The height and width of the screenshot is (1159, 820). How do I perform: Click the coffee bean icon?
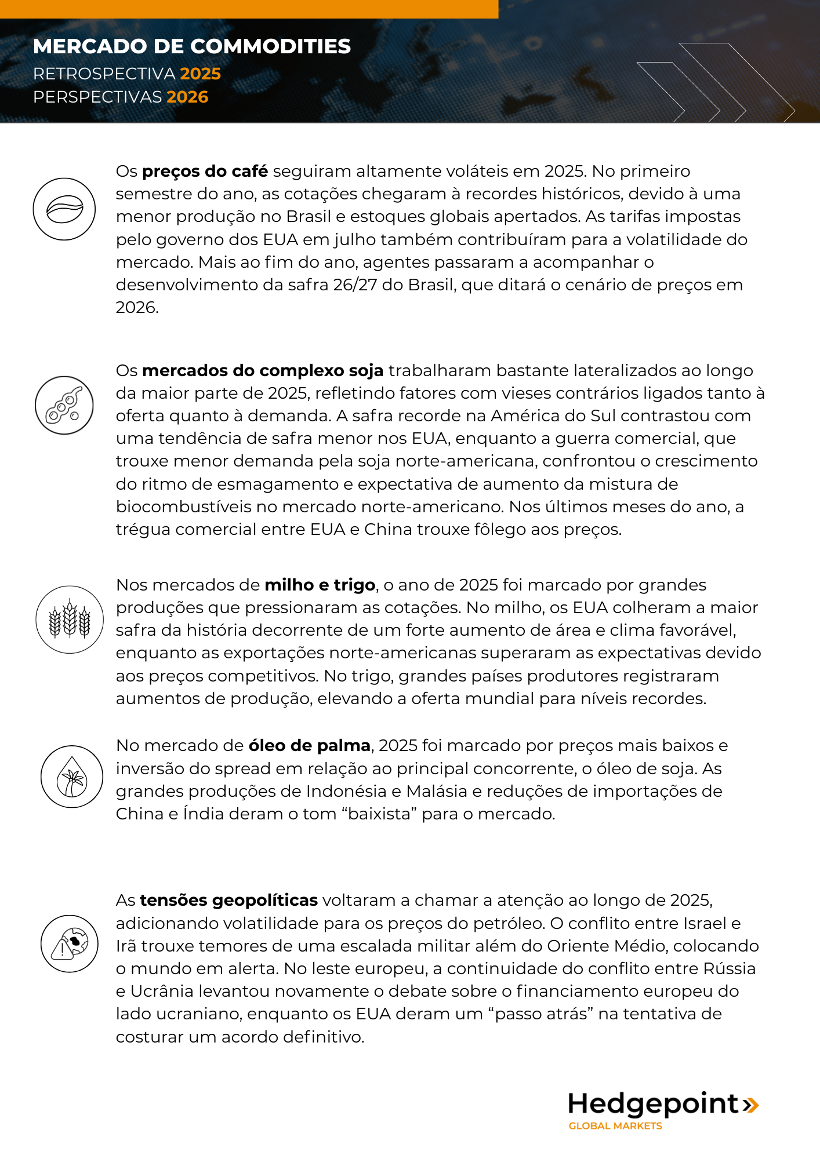point(64,209)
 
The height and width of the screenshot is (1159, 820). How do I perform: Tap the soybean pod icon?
point(64,405)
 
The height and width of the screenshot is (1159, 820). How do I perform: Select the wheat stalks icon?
point(70,619)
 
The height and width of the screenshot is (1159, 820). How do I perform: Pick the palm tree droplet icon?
point(72,777)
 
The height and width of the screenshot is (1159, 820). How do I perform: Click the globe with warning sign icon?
point(70,943)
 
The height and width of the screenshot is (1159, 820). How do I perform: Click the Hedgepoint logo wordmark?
point(653,1104)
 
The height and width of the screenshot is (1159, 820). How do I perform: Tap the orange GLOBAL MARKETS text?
point(615,1126)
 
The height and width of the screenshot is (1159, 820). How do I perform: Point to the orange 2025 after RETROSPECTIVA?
point(200,74)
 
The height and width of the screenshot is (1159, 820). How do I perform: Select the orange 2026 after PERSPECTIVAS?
point(187,97)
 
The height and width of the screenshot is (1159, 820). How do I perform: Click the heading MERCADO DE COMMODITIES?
point(192,46)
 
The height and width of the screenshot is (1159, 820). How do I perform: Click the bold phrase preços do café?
point(205,172)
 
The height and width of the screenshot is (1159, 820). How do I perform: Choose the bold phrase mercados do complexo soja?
point(263,370)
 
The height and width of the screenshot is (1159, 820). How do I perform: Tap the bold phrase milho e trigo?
point(320,585)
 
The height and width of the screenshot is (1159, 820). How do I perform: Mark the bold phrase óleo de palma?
point(309,745)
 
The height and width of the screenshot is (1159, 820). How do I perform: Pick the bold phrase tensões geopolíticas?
point(228,900)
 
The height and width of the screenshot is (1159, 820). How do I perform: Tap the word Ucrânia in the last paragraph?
point(164,991)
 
